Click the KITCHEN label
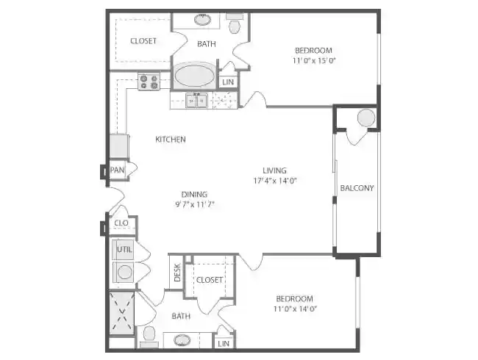click(x=170, y=139)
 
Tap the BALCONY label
click(x=357, y=187)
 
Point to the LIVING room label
click(x=275, y=170)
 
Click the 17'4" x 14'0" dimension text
click(x=275, y=181)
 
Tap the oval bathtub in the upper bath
click(x=194, y=76)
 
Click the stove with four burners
click(x=149, y=81)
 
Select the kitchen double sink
click(x=196, y=101)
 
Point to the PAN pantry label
click(x=116, y=170)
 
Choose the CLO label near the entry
click(x=121, y=223)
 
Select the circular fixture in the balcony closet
click(x=365, y=118)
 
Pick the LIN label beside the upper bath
click(x=228, y=82)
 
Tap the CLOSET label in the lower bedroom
click(x=210, y=279)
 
